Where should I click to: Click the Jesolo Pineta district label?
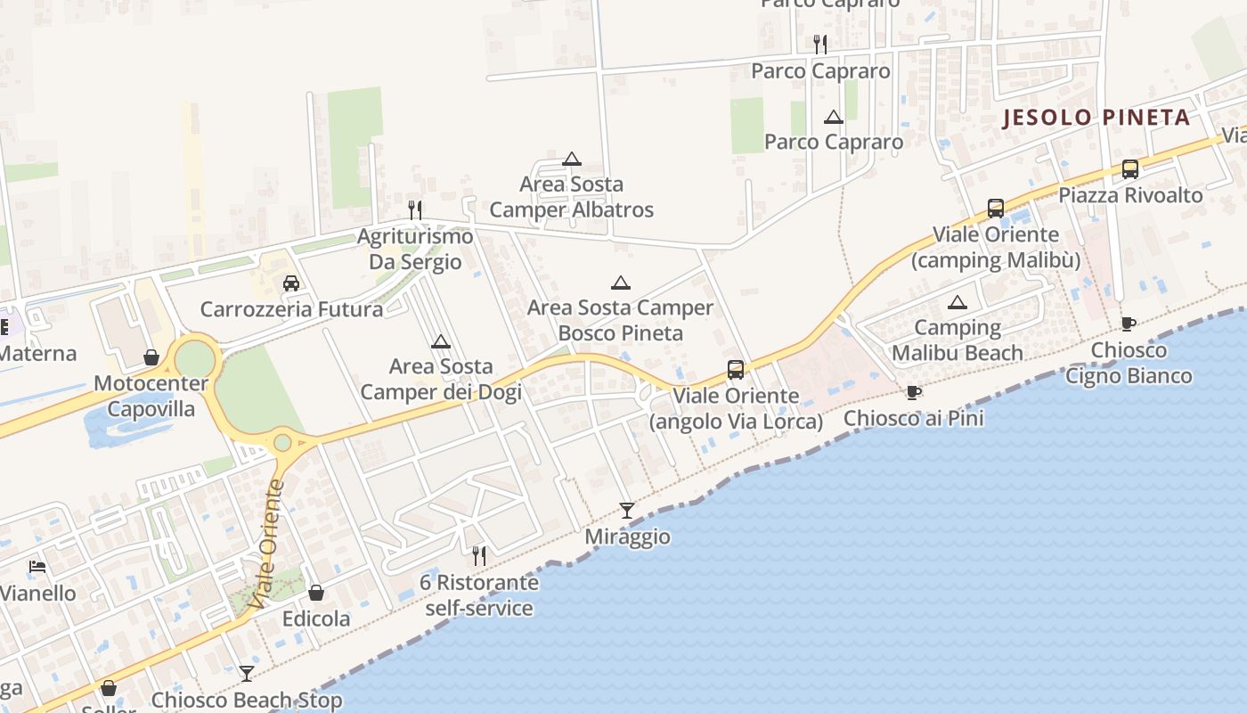coord(1096,118)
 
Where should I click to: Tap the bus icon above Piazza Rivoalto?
coord(1129,168)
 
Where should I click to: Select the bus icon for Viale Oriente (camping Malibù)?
coord(996,209)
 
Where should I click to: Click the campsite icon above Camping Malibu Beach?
coord(958,302)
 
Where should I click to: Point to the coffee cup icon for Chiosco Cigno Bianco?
coord(1129,324)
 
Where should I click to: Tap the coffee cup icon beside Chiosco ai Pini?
coord(913,392)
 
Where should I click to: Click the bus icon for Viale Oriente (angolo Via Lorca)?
coord(736,369)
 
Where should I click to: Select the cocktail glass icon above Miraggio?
coord(627,511)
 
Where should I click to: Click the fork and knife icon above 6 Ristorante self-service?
coord(479,556)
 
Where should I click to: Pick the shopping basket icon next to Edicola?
coord(316,593)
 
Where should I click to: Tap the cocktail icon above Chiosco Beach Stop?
coord(247,674)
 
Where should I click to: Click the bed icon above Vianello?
coord(37,567)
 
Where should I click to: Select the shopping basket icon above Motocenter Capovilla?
coord(151,357)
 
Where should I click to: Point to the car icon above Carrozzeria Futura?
coord(290,283)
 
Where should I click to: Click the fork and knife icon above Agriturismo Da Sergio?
coord(415,210)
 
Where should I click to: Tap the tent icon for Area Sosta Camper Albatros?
coord(572,160)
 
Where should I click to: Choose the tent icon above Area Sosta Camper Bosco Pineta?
coord(621,283)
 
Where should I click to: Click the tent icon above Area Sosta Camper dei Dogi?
coord(440,341)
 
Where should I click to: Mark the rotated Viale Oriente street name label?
coord(268,545)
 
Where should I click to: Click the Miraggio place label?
coord(627,537)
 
